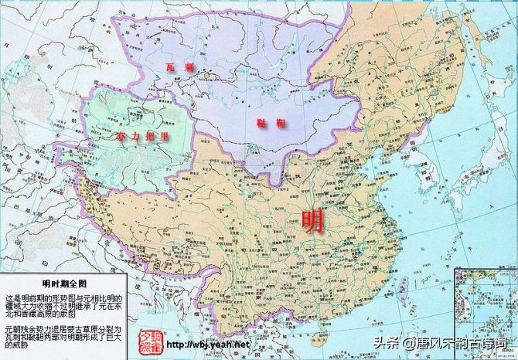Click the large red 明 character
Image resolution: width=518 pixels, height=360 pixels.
(314, 222)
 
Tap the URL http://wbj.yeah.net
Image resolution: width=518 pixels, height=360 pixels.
(210, 344)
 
